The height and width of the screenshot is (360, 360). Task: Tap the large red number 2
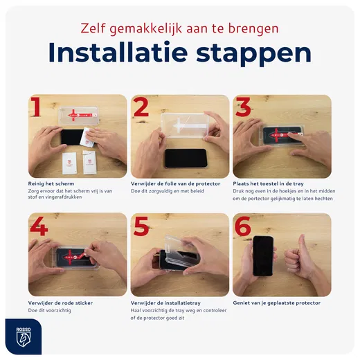[x=142, y=109]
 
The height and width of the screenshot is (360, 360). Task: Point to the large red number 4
[x=39, y=227]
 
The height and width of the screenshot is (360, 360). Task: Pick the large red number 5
[x=142, y=228]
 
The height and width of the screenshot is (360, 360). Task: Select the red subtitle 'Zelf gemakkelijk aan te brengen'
[x=179, y=28]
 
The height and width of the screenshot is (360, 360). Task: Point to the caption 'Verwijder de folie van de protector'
[x=175, y=183]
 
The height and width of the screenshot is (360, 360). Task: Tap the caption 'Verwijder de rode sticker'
[x=60, y=303]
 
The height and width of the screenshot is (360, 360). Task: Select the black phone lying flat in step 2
[x=186, y=158]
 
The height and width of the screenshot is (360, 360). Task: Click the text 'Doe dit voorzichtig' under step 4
[x=50, y=310]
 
